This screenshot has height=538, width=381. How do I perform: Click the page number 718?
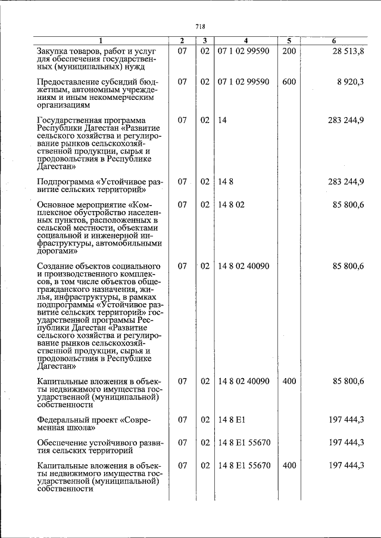(200, 26)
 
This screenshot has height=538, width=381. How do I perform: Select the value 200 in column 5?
(289, 52)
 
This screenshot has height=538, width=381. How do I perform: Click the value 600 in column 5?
(289, 83)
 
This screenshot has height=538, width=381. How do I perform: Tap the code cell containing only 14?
(223, 120)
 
